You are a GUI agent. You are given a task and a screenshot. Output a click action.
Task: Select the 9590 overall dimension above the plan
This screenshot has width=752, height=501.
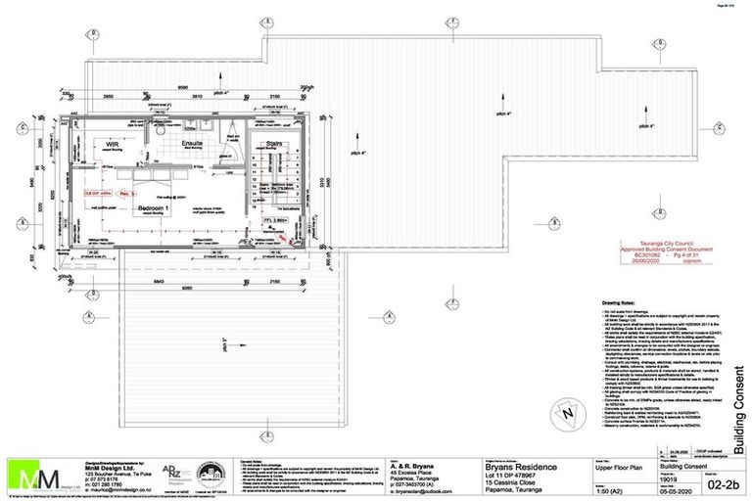pyautogui.click(x=182, y=85)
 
